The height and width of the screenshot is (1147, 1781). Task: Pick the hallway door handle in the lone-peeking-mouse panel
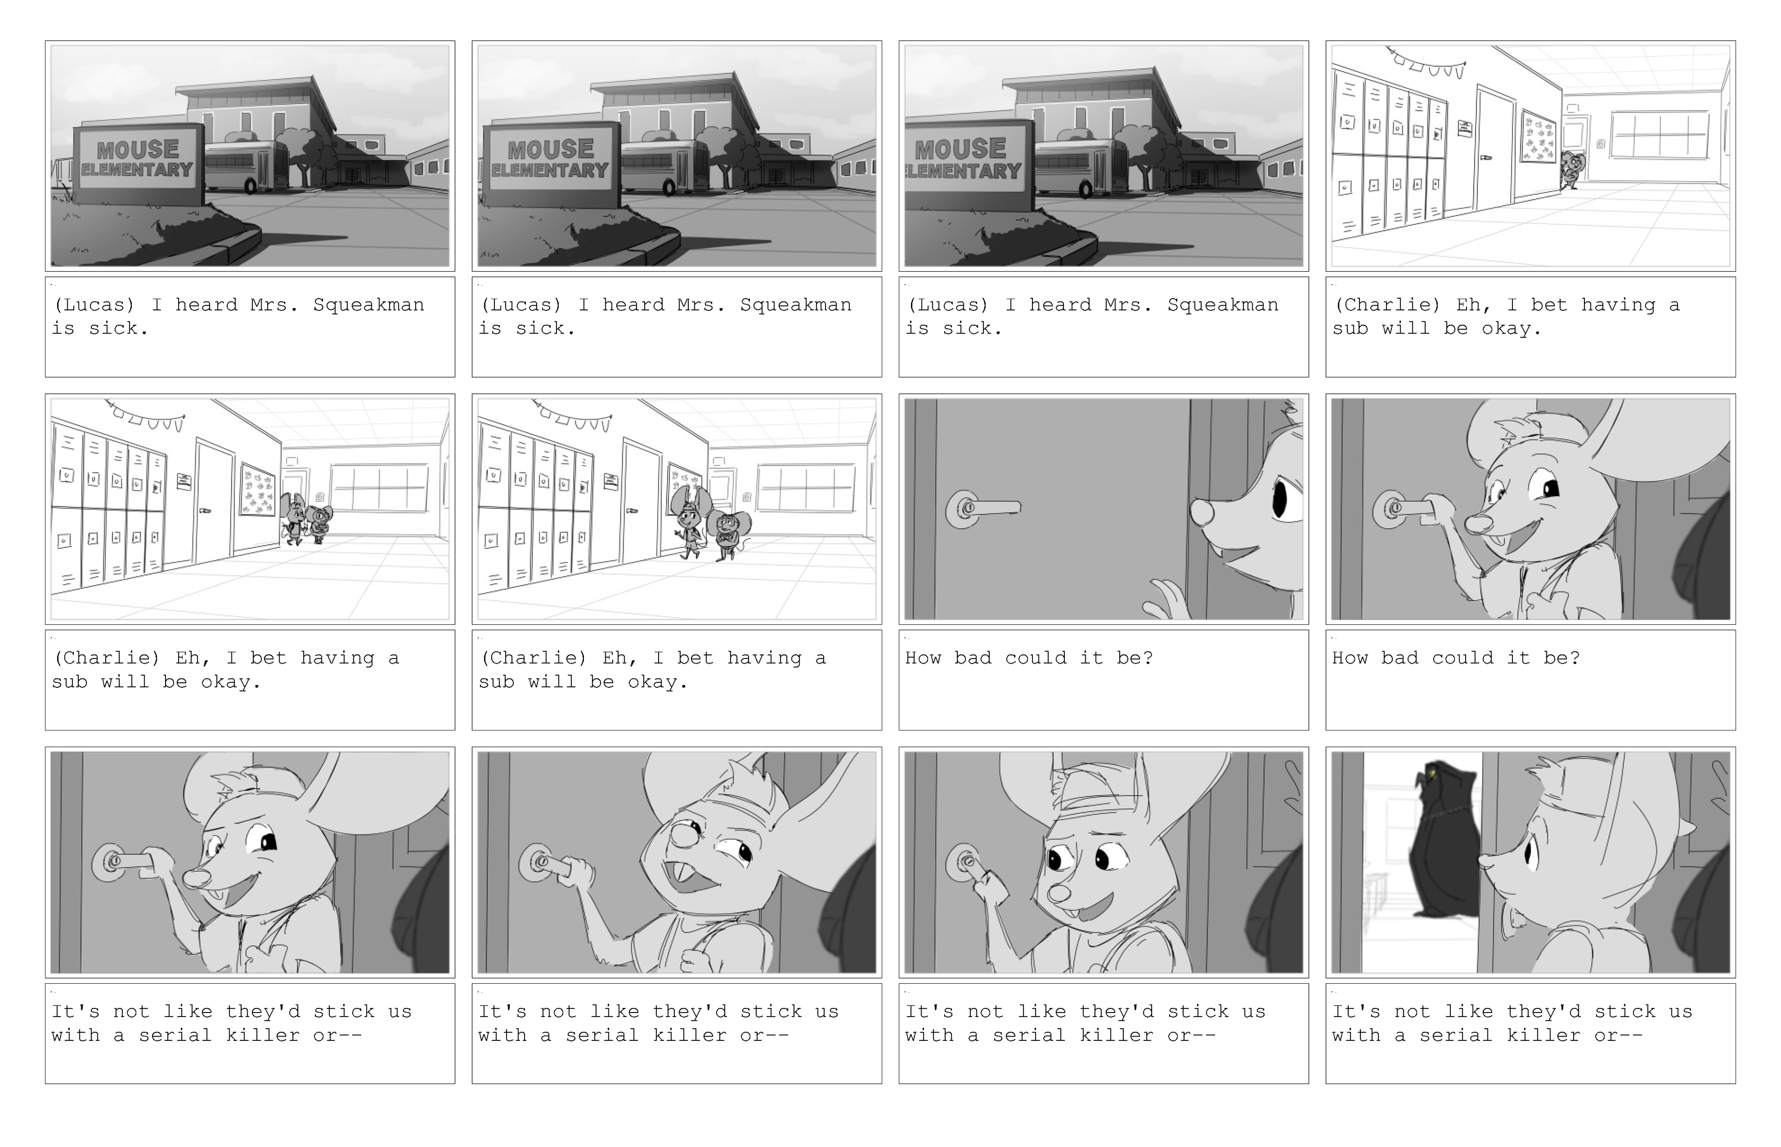click(1486, 158)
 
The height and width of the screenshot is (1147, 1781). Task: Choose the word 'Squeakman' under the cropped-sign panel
click(1223, 305)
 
